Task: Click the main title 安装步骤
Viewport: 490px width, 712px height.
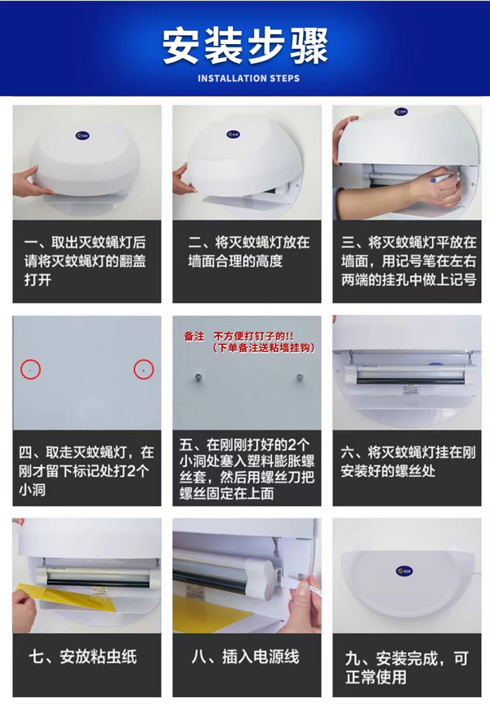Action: [245, 46]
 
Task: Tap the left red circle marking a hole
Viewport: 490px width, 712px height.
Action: [30, 369]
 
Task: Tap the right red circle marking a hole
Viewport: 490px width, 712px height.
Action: [144, 369]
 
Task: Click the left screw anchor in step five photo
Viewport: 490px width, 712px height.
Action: [197, 377]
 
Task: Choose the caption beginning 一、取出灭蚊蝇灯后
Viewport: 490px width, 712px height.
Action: [86, 260]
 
